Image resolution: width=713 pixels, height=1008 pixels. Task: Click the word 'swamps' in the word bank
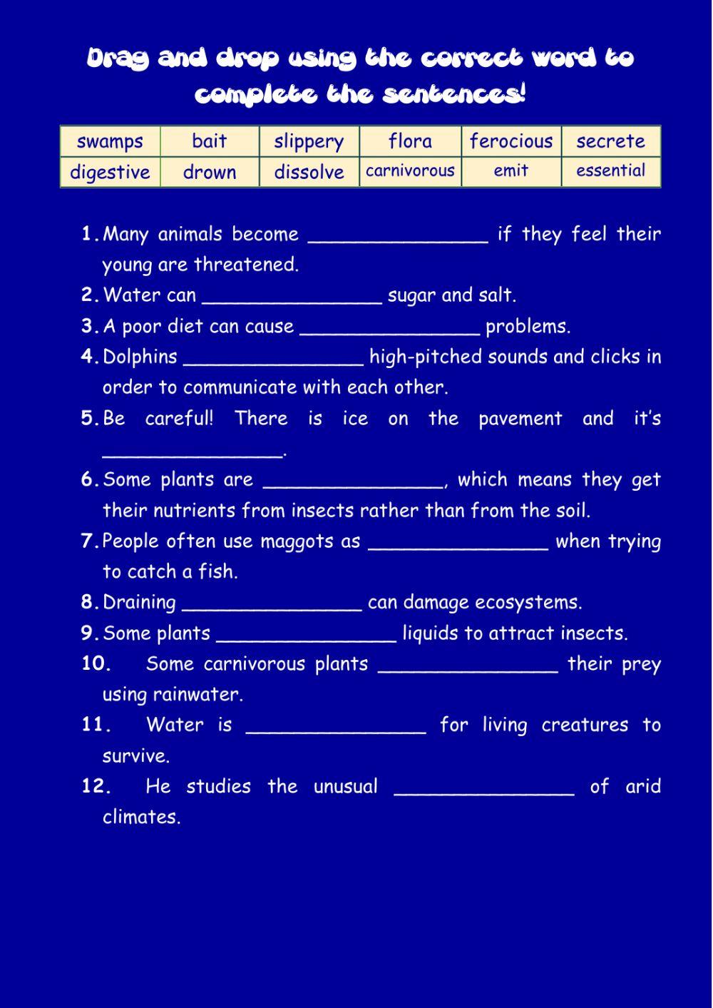[x=110, y=141]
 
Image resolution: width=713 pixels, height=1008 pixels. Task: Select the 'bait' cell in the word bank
[x=210, y=141]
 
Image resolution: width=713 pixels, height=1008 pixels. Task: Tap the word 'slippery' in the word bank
[x=309, y=141]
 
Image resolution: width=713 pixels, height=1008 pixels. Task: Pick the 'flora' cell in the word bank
[x=410, y=141]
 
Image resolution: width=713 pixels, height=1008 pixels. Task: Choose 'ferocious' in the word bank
[x=511, y=141]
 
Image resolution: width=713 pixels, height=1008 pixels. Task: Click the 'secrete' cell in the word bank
[x=611, y=141]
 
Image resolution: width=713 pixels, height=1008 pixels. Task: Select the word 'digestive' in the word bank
[x=110, y=172]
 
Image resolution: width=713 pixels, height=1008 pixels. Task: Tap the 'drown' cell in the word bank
[x=210, y=172]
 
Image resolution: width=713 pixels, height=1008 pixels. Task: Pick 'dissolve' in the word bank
[x=309, y=172]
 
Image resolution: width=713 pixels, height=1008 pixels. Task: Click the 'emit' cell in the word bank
[x=511, y=171]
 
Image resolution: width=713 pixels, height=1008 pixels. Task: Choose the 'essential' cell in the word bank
[x=611, y=171]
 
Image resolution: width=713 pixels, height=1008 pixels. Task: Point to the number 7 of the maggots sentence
[x=88, y=541]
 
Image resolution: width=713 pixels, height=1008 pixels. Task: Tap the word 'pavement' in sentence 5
[x=520, y=419]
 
